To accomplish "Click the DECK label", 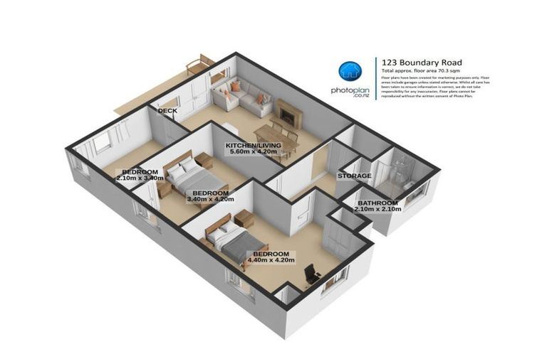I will [x=167, y=111].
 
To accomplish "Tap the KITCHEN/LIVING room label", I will [x=253, y=146].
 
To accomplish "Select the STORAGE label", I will [x=354, y=176].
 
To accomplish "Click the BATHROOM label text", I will [x=377, y=203].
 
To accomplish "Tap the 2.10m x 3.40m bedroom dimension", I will [x=140, y=178].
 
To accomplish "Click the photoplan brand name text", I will [x=350, y=91].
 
